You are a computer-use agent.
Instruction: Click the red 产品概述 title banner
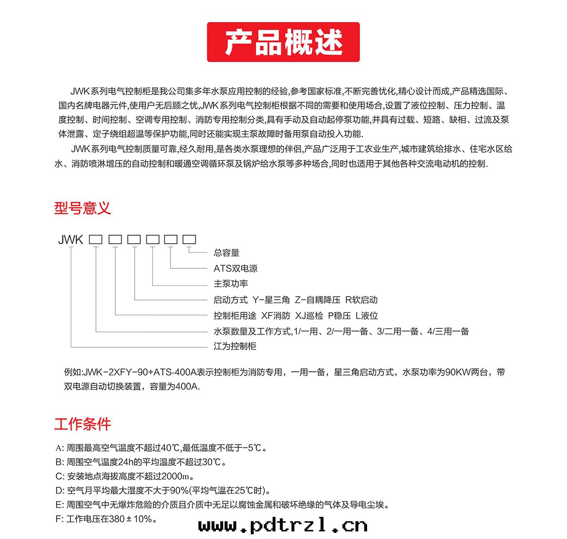coord(283,42)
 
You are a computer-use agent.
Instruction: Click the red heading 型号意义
coord(82,208)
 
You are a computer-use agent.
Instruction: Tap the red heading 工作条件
coord(82,424)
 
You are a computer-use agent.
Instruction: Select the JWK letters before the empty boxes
coord(70,240)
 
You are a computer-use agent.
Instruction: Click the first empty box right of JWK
coord(96,240)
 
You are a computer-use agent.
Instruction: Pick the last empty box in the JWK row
coord(189,240)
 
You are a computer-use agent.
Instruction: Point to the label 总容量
coord(226,253)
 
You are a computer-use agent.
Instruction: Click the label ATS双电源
coord(235,268)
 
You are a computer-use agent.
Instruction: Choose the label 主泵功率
coord(231,284)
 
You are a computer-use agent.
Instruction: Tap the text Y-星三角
coord(271,300)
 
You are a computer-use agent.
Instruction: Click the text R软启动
coord(361,300)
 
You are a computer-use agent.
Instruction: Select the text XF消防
coord(275,316)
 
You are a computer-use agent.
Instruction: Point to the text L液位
coord(367,316)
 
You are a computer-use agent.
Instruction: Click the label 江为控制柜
coord(235,346)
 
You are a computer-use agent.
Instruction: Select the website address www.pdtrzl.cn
coord(283,525)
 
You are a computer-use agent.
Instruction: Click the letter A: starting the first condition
coord(59,448)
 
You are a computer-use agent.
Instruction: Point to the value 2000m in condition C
coord(178,476)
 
